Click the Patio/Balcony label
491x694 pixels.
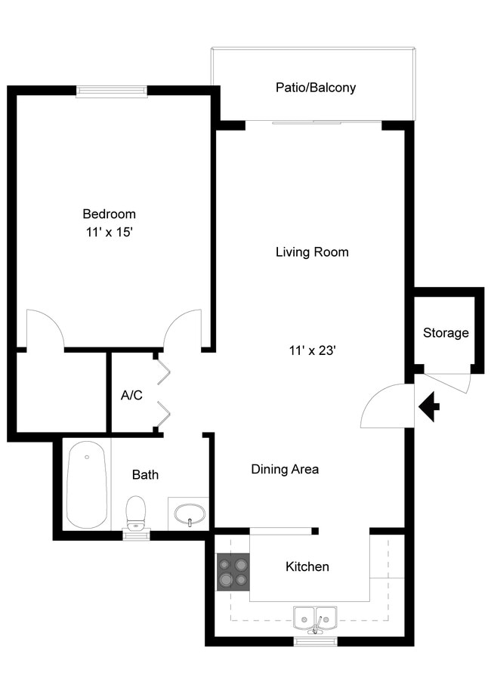(315, 88)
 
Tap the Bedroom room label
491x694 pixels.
(109, 214)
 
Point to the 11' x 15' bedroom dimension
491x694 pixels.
(109, 233)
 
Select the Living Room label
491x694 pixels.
(312, 252)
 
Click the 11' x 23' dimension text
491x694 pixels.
(312, 350)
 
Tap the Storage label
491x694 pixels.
(445, 333)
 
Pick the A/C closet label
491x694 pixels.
(131, 395)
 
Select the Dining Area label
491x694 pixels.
(285, 470)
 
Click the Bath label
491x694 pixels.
(145, 475)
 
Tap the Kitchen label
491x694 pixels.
(307, 566)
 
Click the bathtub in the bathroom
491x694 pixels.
(85, 485)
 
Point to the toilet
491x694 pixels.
(136, 513)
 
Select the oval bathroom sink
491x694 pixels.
(188, 516)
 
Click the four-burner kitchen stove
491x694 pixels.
(233, 572)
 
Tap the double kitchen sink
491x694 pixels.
(317, 618)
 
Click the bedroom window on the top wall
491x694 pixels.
(112, 91)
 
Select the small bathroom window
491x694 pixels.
(136, 535)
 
